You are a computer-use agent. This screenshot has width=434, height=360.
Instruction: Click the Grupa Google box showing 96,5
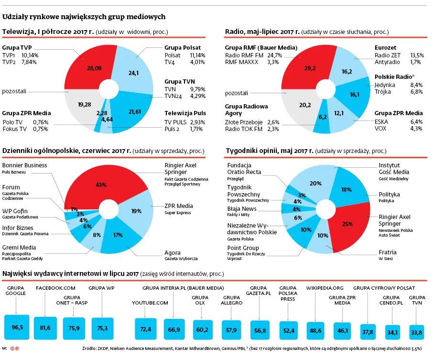17,327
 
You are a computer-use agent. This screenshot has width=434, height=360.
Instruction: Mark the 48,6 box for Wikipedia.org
316,330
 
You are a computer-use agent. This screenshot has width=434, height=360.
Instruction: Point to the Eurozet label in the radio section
387,48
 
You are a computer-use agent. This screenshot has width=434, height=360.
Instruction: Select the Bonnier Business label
24,165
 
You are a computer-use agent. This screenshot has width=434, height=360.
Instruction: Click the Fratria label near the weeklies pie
388,252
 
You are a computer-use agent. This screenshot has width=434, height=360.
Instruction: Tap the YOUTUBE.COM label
150,303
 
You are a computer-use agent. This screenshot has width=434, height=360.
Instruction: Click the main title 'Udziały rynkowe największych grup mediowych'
84,17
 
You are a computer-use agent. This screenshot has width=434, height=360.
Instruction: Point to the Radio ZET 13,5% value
417,55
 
